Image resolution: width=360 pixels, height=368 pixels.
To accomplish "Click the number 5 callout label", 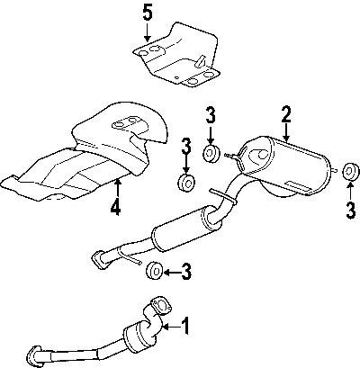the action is click(148, 13).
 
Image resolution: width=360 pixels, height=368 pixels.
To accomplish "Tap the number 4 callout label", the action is click(115, 207).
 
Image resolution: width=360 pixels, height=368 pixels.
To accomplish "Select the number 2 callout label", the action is click(286, 114).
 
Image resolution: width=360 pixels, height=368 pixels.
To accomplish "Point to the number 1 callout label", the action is click(185, 326).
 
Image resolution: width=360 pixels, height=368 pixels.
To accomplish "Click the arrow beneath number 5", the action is click(147, 32).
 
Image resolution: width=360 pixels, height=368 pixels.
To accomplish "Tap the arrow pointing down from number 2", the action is click(286, 132).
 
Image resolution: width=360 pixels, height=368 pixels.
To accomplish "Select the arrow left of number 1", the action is click(172, 327).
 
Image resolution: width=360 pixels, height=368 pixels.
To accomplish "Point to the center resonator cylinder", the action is click(186, 228).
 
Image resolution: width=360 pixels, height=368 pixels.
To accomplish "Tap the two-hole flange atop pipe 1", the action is click(162, 306).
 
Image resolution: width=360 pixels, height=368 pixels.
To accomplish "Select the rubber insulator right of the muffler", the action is click(350, 173).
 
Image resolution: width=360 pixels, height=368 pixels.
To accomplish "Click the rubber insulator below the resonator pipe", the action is click(155, 272).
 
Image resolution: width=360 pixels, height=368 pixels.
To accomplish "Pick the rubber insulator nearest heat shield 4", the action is click(186, 183).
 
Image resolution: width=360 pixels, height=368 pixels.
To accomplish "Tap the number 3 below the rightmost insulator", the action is click(351, 210).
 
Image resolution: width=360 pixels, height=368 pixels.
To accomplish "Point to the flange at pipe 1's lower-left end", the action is click(33, 356).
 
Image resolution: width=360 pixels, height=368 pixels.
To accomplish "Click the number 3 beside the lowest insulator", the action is click(186, 272).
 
